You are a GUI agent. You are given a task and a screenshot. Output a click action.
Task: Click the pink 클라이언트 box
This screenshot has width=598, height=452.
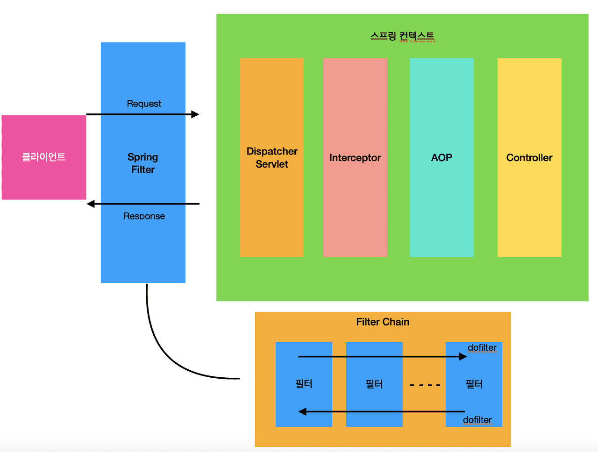point(44,157)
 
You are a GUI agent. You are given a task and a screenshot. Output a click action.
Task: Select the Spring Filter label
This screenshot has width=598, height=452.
point(143,163)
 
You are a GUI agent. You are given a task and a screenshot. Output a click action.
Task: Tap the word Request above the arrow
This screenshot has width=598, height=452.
point(144,104)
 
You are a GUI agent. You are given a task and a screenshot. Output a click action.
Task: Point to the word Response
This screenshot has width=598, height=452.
point(144,216)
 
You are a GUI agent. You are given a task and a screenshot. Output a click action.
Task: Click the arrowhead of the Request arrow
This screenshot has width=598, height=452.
point(195,114)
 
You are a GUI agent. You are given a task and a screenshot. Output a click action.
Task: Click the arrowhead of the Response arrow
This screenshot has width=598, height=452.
point(91,204)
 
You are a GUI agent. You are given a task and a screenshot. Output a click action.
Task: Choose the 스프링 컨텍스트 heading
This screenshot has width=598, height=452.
point(402,36)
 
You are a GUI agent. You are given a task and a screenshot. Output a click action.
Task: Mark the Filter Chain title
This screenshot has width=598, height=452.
point(383,322)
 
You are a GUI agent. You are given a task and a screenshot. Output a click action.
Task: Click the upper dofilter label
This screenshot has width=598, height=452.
point(482,348)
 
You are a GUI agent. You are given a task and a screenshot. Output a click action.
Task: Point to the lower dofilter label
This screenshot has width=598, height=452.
point(477,420)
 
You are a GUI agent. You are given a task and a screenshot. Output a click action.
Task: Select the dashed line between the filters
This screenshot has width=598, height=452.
point(425,385)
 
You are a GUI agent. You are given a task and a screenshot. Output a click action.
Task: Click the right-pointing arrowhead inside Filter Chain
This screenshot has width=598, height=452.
point(463,357)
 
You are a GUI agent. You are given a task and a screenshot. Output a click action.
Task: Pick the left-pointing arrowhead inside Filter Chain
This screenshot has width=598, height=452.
point(302,412)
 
